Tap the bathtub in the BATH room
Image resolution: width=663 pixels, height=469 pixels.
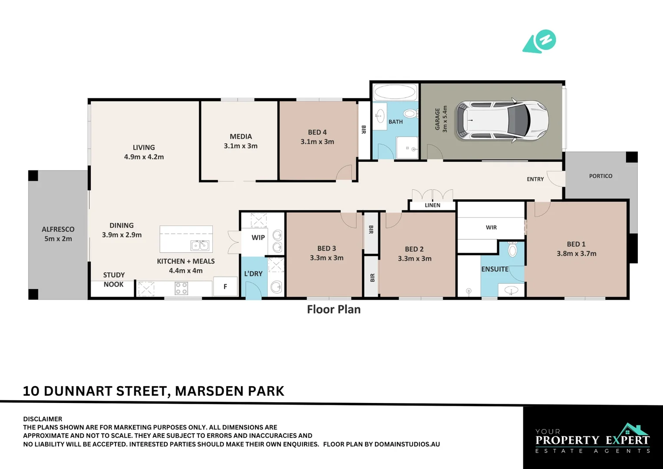pos(395,92)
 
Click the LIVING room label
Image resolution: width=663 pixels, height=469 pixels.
pos(144,148)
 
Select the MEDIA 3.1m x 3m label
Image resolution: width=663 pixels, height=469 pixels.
pos(240,141)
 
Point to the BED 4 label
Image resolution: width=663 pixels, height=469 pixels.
pos(317,132)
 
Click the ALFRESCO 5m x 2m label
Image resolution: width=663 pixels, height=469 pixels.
pos(58,234)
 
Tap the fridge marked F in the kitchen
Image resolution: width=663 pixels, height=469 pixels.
pos(225,287)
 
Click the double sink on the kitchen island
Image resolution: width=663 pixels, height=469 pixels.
pos(200,246)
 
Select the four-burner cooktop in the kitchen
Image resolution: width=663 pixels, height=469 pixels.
pos(181,288)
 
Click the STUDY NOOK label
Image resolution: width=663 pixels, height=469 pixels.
pos(113,280)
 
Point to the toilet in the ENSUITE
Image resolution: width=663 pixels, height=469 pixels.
pos(512,249)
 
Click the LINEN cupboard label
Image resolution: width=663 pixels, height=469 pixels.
pos(432,205)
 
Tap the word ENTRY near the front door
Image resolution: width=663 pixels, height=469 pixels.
pos(535,179)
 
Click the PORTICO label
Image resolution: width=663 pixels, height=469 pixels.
pos(601,176)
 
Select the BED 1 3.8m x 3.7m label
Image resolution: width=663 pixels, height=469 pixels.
pos(576,249)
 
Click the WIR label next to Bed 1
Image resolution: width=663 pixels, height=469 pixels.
pos(491,228)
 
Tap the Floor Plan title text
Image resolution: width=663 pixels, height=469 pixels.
pos(334,309)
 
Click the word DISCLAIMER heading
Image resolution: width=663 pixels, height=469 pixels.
pos(43,419)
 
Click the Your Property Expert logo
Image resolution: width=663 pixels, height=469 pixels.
pos(593,439)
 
